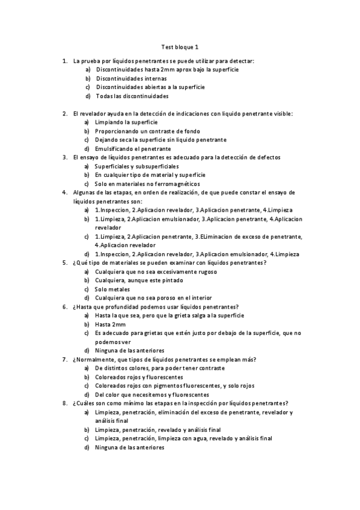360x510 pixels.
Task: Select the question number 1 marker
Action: click(64, 61)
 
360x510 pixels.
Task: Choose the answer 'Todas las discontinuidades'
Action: click(132, 96)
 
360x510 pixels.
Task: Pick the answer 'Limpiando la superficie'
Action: click(126, 122)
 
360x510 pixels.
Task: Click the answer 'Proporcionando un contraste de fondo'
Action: click(147, 131)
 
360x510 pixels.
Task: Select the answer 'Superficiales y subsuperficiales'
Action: click(141, 166)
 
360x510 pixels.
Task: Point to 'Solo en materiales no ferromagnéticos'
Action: click(147, 183)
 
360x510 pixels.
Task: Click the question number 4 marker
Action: click(64, 192)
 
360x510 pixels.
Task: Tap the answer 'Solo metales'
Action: click(112, 289)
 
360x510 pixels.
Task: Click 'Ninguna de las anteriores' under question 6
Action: click(129, 351)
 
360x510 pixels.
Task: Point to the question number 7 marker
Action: click(64, 359)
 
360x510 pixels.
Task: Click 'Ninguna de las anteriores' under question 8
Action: click(129, 447)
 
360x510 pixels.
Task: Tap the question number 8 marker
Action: click(64, 403)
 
